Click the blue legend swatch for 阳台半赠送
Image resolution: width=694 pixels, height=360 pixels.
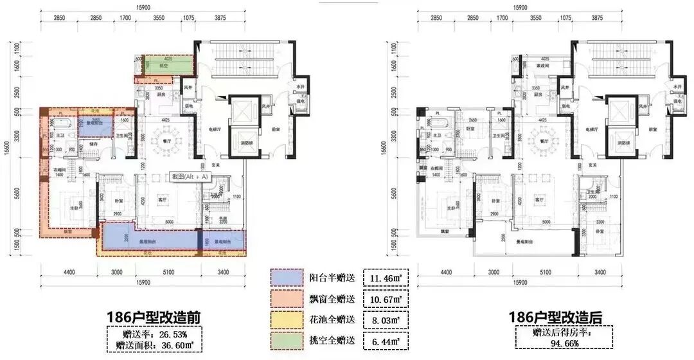(283, 278)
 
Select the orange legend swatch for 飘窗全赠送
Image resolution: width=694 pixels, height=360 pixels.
(283, 299)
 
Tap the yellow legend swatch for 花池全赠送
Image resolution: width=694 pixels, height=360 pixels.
(283, 319)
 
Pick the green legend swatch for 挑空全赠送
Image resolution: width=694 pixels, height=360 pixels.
(283, 341)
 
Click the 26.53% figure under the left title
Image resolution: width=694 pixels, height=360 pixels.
(168, 334)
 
